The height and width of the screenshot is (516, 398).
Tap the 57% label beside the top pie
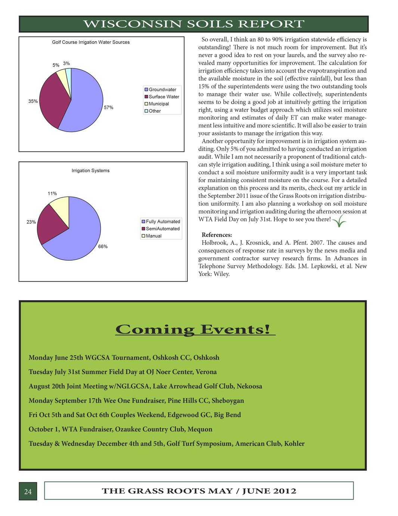(109, 108)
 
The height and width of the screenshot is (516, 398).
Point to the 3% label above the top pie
(66, 64)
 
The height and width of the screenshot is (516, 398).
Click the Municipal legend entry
(159, 104)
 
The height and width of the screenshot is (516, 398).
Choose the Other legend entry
(155, 111)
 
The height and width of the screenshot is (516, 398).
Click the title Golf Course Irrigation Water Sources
(91, 42)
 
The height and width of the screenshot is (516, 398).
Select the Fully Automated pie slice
(80, 236)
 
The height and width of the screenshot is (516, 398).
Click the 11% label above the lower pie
(52, 194)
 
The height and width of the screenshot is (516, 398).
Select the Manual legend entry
(153, 236)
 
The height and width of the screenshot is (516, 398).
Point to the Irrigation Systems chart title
(91, 171)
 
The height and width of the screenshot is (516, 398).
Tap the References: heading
(217, 235)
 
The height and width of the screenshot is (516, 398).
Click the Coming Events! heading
(193, 329)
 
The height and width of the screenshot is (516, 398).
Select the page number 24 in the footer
(28, 492)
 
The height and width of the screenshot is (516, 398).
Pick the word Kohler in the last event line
(294, 444)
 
